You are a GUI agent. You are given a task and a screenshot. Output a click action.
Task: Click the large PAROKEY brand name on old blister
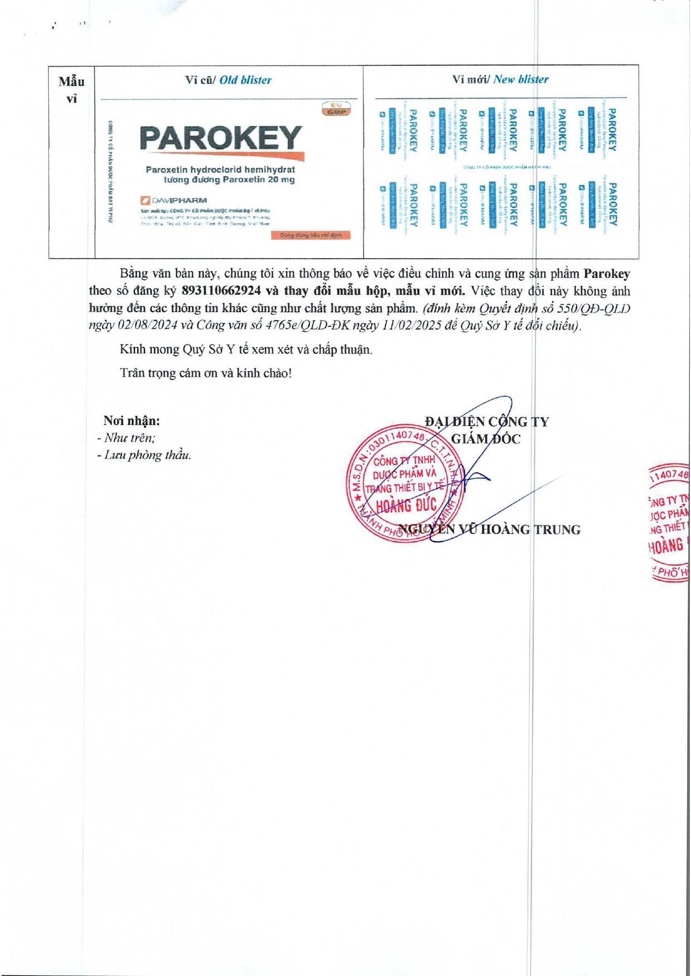point(221,138)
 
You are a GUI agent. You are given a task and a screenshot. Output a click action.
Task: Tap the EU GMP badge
point(336,108)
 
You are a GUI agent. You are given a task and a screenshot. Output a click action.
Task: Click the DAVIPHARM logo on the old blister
point(174,200)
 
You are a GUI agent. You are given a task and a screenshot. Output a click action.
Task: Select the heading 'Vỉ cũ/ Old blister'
point(228,80)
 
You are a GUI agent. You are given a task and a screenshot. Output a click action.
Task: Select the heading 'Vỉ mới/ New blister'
point(500,80)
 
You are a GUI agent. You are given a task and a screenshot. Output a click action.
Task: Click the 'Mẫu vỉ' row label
point(72,90)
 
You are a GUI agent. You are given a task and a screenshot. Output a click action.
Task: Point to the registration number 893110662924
point(221,291)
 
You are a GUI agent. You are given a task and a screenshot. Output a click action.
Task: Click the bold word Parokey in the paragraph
point(606,274)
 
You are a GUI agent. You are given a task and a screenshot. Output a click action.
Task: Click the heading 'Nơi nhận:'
point(131,421)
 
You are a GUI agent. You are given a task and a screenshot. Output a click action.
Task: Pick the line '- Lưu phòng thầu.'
point(144,455)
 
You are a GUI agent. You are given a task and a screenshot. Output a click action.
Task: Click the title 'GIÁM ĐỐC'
point(485,439)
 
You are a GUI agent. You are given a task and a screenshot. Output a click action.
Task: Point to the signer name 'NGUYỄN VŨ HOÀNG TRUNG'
point(490,529)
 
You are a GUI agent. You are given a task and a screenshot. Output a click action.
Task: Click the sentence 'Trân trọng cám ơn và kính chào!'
point(205,373)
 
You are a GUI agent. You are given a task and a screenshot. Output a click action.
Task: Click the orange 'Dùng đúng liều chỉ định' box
point(311,235)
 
